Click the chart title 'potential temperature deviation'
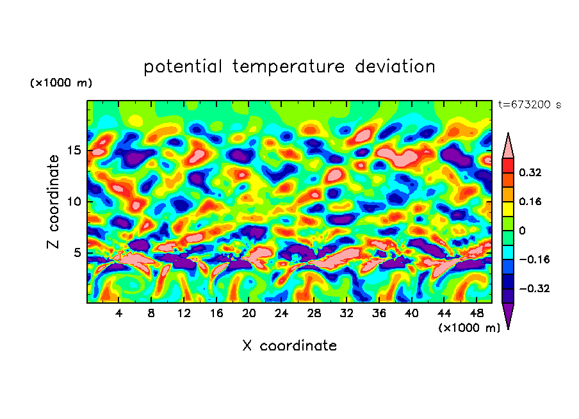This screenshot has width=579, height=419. click(x=289, y=67)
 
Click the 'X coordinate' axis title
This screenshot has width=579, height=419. click(x=289, y=346)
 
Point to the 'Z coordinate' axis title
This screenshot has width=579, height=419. click(x=54, y=202)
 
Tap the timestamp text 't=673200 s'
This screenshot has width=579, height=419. click(x=529, y=105)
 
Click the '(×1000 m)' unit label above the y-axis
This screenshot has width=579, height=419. click(x=61, y=83)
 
